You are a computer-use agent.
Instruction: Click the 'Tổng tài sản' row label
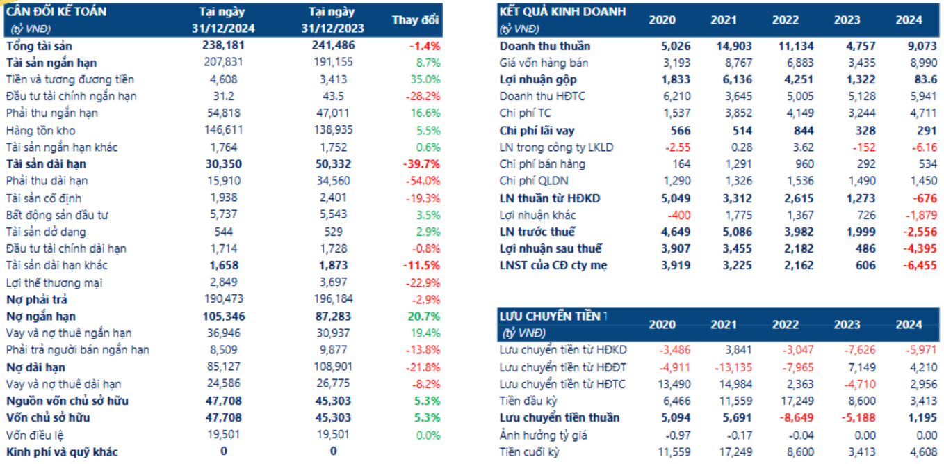point(39,46)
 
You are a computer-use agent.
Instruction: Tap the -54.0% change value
point(423,181)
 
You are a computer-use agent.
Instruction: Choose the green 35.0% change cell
point(425,79)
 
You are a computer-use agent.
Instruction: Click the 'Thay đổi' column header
point(415,20)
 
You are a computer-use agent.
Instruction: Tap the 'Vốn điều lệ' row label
point(35,435)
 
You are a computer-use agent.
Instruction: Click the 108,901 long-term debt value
point(332,367)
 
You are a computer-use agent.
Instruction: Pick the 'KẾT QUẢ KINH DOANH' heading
point(562,12)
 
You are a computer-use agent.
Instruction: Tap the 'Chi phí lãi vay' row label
point(537,131)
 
